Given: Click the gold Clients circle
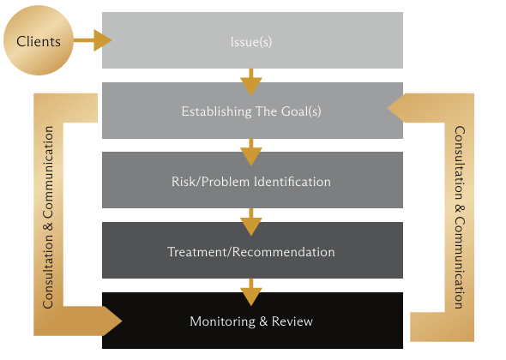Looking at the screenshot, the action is (39, 40).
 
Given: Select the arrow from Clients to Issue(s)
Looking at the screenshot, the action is (93, 40).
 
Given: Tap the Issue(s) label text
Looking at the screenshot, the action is (251, 42).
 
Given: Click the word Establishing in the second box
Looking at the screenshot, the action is (216, 111).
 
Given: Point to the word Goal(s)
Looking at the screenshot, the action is (301, 111).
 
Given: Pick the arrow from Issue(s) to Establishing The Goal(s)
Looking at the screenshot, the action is (251, 82).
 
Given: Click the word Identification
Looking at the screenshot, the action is (292, 182).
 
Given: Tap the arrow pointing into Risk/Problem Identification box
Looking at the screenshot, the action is (251, 153).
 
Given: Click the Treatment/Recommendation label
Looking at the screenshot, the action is (251, 252).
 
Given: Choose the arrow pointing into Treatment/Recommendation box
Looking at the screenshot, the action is (251, 222).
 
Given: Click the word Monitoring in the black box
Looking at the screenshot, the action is (222, 321).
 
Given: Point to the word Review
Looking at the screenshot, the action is (292, 321).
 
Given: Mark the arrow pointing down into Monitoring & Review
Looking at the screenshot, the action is (251, 292).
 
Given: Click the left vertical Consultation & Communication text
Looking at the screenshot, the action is (48, 217).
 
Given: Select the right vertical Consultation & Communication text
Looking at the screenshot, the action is (460, 217).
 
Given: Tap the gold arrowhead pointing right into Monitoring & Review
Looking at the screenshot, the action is (112, 321).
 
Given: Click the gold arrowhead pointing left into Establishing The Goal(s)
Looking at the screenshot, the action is (395, 108).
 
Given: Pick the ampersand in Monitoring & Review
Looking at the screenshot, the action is (263, 321).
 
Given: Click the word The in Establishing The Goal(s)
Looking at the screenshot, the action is (266, 111).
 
